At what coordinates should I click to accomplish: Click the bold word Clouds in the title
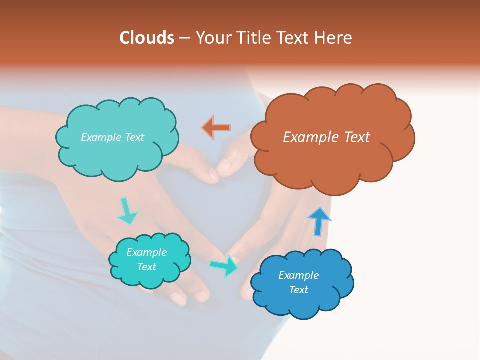[147, 38]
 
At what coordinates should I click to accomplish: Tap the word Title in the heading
[254, 38]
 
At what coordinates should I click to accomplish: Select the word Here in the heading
[334, 38]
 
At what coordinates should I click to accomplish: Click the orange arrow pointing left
[216, 127]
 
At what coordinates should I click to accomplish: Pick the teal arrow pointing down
[127, 211]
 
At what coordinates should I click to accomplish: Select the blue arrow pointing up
[319, 221]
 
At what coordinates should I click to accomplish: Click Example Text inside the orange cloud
[326, 137]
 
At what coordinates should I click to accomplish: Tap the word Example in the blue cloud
[298, 275]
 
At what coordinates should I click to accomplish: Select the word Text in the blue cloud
[298, 290]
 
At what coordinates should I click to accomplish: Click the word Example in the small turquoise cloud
[146, 252]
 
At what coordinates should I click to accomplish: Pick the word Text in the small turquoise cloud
[146, 267]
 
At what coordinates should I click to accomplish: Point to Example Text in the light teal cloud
[112, 137]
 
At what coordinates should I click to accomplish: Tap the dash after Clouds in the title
[184, 38]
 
